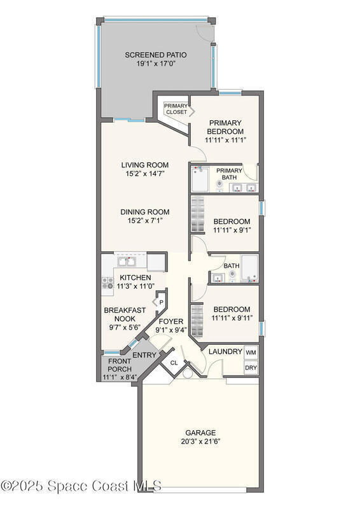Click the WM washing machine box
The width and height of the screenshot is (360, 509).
pyautogui.click(x=251, y=352)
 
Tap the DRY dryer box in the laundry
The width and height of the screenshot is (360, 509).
pyautogui.click(x=251, y=368)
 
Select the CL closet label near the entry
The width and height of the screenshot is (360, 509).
pyautogui.click(x=174, y=363)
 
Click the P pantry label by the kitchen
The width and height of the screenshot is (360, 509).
pyautogui.click(x=161, y=303)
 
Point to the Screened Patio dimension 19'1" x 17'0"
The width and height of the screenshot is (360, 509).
pyautogui.click(x=156, y=64)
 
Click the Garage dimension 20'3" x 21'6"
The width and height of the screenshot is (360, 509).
pyautogui.click(x=200, y=442)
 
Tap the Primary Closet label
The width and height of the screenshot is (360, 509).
pyautogui.click(x=176, y=109)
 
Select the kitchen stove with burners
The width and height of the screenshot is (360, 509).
pyautogui.click(x=107, y=283)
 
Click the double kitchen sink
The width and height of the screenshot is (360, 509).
pyautogui.click(x=127, y=261)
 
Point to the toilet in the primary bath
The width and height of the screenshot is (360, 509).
pyautogui.click(x=220, y=185)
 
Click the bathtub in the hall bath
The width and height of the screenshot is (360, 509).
pyautogui.click(x=249, y=267)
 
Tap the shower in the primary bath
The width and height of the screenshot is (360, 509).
pyautogui.click(x=200, y=179)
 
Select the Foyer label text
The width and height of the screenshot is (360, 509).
pyautogui.click(x=170, y=321)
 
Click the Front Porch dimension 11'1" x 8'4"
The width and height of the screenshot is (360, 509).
pyautogui.click(x=120, y=377)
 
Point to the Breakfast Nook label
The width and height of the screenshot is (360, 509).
pyautogui.click(x=125, y=314)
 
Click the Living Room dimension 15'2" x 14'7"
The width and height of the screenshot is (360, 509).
pyautogui.click(x=145, y=174)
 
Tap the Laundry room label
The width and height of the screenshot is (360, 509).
pyautogui.click(x=225, y=352)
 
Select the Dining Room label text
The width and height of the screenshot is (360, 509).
pyautogui.click(x=145, y=212)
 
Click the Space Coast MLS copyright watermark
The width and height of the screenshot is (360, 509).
pyautogui.click(x=81, y=486)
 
